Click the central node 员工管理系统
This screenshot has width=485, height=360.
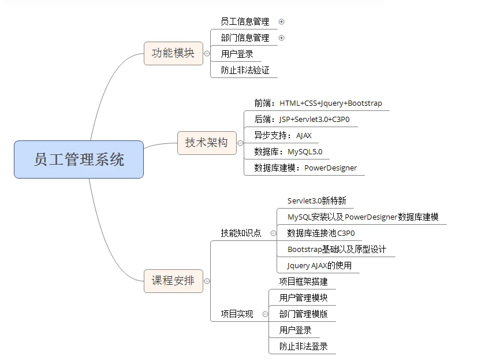(x=79, y=159)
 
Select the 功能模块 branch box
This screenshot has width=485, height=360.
(x=173, y=54)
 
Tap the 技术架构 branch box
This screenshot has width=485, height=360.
(x=207, y=142)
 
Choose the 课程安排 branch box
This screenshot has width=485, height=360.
(x=173, y=281)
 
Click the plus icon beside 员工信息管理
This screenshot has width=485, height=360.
(x=282, y=22)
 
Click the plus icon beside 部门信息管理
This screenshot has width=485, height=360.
(x=282, y=38)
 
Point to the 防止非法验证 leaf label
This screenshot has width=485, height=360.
(x=245, y=70)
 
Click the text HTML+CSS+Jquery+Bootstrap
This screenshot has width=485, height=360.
(x=331, y=103)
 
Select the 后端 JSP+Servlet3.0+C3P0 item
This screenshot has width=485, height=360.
(x=302, y=120)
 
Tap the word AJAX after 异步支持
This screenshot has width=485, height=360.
(x=304, y=136)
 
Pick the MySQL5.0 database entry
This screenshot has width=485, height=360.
(x=305, y=152)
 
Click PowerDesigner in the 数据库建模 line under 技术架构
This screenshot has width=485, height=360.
(x=330, y=168)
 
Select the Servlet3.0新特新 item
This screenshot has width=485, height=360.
(x=316, y=201)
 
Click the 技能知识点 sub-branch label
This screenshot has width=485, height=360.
(x=241, y=233)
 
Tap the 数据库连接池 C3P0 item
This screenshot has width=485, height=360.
(x=321, y=233)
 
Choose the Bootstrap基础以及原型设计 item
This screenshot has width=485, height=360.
(x=337, y=250)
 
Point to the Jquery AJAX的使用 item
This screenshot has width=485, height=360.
(x=319, y=266)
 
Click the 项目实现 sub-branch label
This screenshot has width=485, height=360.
(x=237, y=314)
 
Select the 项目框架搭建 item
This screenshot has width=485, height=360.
(x=303, y=282)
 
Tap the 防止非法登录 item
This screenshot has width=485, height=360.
(x=303, y=347)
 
